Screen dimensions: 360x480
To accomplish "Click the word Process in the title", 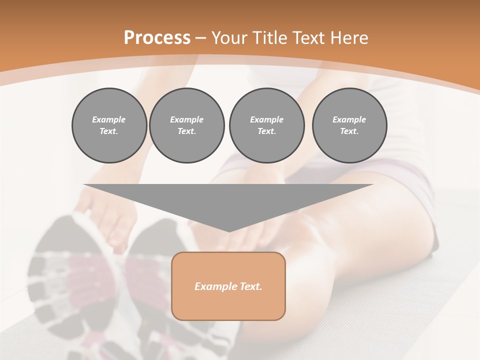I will [x=157, y=38].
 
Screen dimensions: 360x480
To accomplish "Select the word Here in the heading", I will [x=348, y=38].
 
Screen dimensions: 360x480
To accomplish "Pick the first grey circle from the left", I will [x=109, y=125].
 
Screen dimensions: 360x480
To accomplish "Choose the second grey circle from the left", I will [x=186, y=125].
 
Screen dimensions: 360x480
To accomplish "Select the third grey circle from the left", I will [x=266, y=125].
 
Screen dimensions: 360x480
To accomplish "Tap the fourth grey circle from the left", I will [x=349, y=125].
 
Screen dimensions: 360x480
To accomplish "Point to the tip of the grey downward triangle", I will [x=229, y=230].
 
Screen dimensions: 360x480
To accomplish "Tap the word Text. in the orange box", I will [x=251, y=286].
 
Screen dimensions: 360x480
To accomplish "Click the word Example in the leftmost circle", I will [x=109, y=119].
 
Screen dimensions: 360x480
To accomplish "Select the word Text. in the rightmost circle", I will [x=349, y=131].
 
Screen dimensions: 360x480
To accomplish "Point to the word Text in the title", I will [x=309, y=38].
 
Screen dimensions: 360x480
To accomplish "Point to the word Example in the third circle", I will [x=266, y=119].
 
